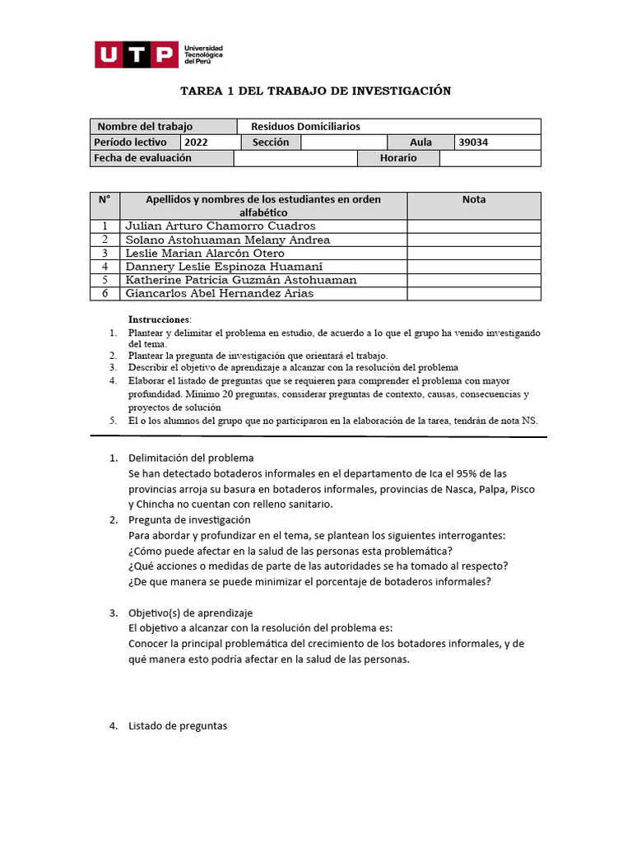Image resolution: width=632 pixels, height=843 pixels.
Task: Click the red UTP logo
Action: pyautogui.click(x=137, y=54)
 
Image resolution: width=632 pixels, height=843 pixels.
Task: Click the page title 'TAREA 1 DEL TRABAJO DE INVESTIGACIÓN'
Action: pyautogui.click(x=316, y=91)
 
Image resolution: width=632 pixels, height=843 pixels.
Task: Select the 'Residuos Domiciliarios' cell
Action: pyautogui.click(x=305, y=126)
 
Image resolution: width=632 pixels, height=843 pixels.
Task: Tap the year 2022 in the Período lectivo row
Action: pyautogui.click(x=197, y=142)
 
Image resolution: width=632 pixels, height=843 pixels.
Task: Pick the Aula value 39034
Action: pyautogui.click(x=473, y=142)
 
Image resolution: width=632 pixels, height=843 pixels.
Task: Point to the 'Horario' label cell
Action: pyautogui.click(x=398, y=158)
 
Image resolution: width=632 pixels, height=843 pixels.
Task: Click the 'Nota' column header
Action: pyautogui.click(x=474, y=199)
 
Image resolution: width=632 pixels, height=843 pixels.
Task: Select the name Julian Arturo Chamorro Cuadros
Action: pyautogui.click(x=220, y=226)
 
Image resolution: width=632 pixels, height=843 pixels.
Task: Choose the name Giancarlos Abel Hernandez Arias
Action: pyautogui.click(x=219, y=294)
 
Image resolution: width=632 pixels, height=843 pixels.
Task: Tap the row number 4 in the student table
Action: pyautogui.click(x=105, y=267)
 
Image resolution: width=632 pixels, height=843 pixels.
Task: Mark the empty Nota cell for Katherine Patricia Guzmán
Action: pyautogui.click(x=474, y=280)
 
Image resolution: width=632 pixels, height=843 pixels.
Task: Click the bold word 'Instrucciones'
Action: pyautogui.click(x=159, y=319)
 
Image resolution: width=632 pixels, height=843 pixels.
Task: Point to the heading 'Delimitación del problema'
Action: pyautogui.click(x=191, y=458)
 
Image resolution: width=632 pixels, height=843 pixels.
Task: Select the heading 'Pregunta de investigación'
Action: pyautogui.click(x=189, y=520)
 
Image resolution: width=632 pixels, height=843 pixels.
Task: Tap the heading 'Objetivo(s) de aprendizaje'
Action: pyautogui.click(x=191, y=613)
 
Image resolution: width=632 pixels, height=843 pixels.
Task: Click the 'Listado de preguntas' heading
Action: pyautogui.click(x=178, y=726)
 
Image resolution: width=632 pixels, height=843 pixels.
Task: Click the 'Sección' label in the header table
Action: pyautogui.click(x=271, y=142)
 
